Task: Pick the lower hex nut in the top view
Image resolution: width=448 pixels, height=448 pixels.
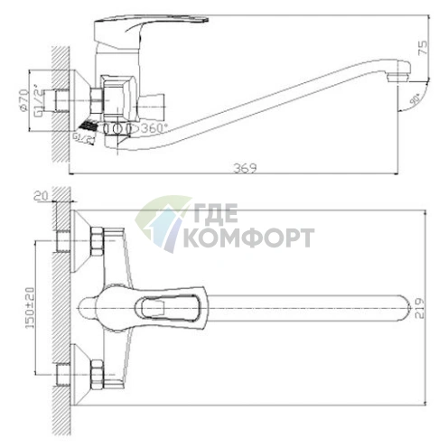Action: tap(95, 371)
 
